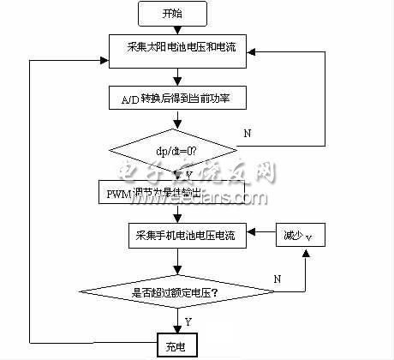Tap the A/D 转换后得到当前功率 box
click(182, 99)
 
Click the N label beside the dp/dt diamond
click(247, 133)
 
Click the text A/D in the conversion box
click(120, 99)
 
